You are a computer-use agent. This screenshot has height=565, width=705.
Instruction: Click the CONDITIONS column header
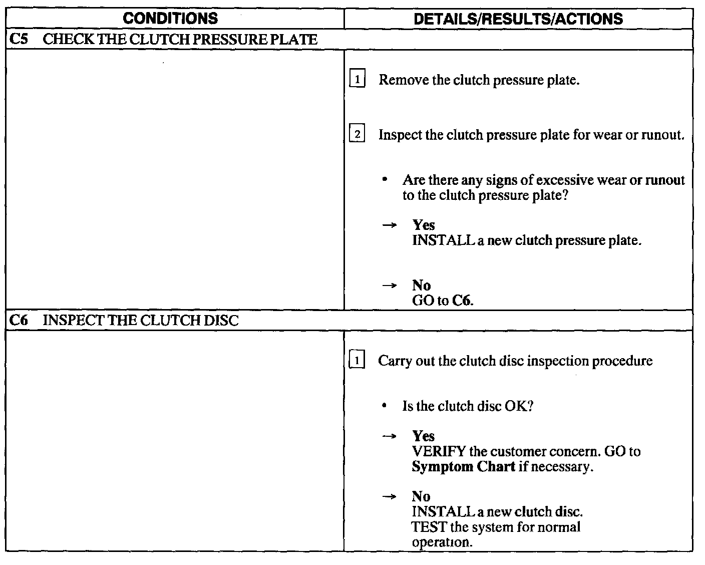point(170,19)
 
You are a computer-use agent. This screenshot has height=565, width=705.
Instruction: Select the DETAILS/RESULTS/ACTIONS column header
point(519,19)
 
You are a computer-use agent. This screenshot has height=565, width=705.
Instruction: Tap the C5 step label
point(18,40)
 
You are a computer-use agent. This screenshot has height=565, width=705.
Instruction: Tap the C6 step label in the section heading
point(18,321)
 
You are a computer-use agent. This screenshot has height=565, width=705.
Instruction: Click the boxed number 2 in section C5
point(357,135)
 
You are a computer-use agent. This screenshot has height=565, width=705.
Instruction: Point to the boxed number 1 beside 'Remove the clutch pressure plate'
point(357,80)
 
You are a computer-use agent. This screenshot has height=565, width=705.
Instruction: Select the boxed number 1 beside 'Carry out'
point(357,361)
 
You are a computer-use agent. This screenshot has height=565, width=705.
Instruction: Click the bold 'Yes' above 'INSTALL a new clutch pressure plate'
point(424,225)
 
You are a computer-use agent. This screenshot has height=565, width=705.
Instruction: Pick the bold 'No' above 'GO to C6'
point(421,286)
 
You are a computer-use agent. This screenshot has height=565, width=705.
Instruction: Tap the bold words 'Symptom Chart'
point(463,467)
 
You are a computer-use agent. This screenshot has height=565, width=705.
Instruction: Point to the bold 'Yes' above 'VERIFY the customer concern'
point(424,436)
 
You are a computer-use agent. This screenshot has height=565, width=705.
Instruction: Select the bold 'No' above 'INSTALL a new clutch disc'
point(421,496)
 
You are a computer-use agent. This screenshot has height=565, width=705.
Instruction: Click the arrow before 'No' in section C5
point(390,286)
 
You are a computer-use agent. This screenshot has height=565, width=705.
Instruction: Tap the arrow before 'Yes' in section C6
point(390,436)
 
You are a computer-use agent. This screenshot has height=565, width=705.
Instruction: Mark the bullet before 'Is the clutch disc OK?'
point(384,406)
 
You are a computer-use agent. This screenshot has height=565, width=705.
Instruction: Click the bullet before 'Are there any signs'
point(384,180)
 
